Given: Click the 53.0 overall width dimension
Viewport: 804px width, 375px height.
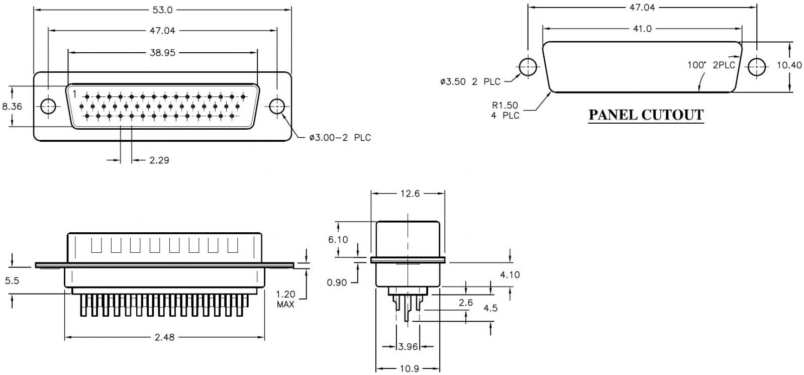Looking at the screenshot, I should click(162, 10).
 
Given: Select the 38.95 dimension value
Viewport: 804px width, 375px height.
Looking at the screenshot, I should click(162, 52).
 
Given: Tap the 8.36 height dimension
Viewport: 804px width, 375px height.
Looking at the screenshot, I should click(12, 107).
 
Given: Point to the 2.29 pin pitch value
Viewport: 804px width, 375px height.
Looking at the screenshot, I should click(159, 161).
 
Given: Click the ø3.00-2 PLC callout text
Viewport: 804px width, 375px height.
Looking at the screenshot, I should click(340, 137).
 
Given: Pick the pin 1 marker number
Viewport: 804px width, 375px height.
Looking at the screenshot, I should click(74, 93).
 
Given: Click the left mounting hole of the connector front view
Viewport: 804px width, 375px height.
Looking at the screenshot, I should click(49, 107).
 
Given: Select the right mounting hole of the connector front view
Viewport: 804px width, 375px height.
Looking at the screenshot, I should click(277, 107).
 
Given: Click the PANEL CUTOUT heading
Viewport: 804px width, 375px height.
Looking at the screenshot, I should click(646, 115).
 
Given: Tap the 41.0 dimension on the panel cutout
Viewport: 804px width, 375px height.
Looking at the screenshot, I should click(642, 29).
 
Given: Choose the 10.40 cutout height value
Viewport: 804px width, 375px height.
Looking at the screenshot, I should click(789, 65).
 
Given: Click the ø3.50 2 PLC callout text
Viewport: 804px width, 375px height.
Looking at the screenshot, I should click(470, 82).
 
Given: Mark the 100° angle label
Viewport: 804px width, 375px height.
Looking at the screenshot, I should click(697, 65).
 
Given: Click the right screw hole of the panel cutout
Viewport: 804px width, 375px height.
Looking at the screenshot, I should click(757, 67).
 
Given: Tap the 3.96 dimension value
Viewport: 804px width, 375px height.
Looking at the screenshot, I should click(408, 346).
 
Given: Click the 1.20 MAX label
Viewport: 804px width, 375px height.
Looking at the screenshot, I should click(285, 299).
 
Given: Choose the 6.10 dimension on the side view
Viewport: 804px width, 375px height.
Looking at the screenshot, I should click(338, 240).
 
